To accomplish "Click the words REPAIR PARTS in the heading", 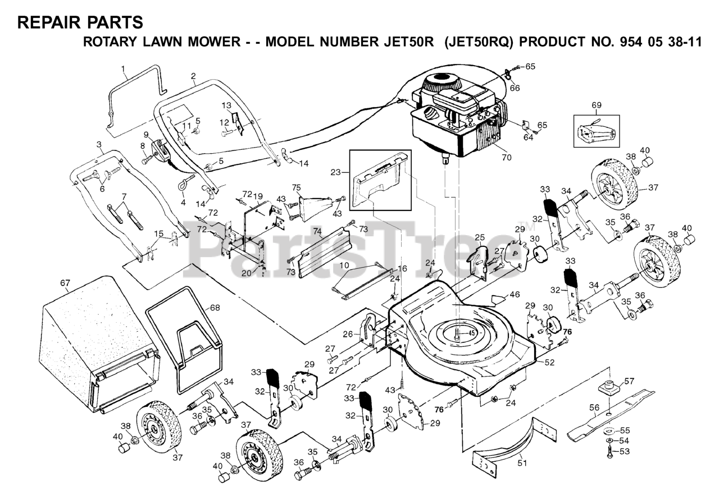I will tap(80, 22).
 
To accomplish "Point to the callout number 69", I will tap(596, 105).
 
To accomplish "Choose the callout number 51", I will tap(522, 463).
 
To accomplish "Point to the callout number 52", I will tap(549, 363).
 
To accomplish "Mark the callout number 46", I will tap(515, 293).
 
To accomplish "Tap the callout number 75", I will tap(296, 187).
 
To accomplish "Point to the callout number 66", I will tap(515, 88).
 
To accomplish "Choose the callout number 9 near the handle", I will tap(146, 135).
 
